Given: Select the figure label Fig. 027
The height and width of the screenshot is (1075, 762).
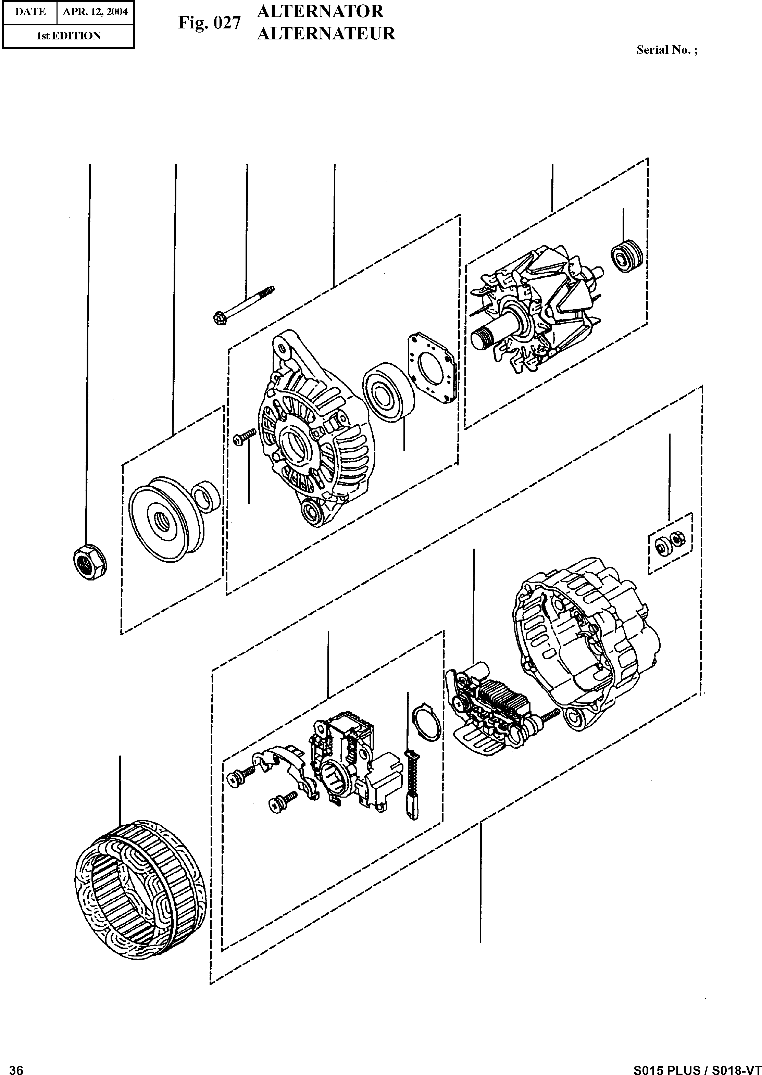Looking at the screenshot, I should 209,23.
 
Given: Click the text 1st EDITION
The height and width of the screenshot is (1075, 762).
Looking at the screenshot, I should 68,36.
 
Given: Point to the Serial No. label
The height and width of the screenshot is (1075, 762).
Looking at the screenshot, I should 667,50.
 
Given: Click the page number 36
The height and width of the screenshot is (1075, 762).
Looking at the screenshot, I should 16,1066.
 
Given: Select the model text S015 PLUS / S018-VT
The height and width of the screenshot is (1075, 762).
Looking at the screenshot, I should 697,1066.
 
